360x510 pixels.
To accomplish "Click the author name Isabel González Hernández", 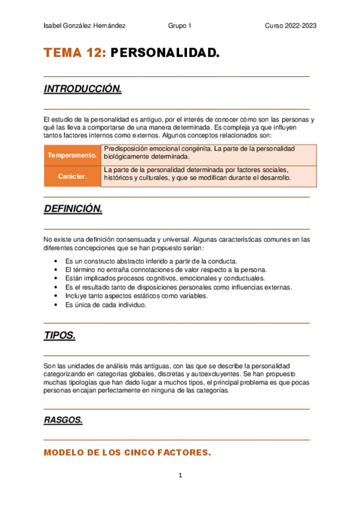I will click(85, 26).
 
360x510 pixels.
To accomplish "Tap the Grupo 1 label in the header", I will click(180, 26).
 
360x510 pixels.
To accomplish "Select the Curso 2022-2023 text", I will click(291, 26).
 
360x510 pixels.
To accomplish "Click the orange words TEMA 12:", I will click(75, 54).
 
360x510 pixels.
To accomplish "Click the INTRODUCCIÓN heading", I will click(83, 90).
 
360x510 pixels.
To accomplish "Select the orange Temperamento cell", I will click(72, 155).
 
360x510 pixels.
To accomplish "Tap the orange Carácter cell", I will click(72, 177).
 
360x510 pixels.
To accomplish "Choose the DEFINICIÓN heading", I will click(73, 209).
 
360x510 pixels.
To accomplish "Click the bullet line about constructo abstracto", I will click(151, 261).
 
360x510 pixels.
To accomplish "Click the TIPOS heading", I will click(59, 336).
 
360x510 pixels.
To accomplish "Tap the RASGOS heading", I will click(63, 420).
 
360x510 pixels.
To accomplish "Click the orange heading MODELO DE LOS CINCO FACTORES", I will click(127, 453).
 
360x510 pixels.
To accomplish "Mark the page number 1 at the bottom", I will click(180, 476).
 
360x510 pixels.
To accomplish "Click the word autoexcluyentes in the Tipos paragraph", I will click(213, 373).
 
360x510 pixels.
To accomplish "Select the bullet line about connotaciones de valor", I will click(166, 270).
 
